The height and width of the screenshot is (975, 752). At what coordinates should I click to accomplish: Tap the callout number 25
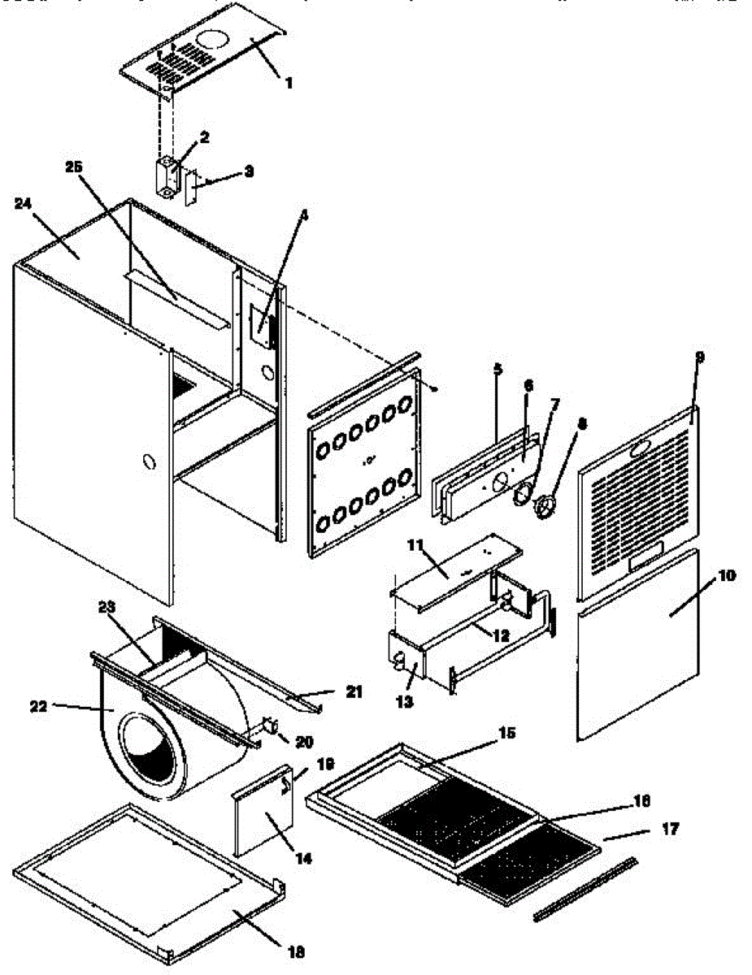(x=74, y=167)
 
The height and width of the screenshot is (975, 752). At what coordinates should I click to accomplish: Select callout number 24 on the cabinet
(x=22, y=205)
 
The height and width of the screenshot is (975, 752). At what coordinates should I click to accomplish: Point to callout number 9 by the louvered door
(x=700, y=357)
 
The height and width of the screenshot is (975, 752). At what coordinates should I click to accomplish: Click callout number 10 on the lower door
(x=726, y=575)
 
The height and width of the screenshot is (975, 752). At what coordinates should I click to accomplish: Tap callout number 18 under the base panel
(x=297, y=952)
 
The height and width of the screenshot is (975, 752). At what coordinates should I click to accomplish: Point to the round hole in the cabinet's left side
(x=148, y=463)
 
